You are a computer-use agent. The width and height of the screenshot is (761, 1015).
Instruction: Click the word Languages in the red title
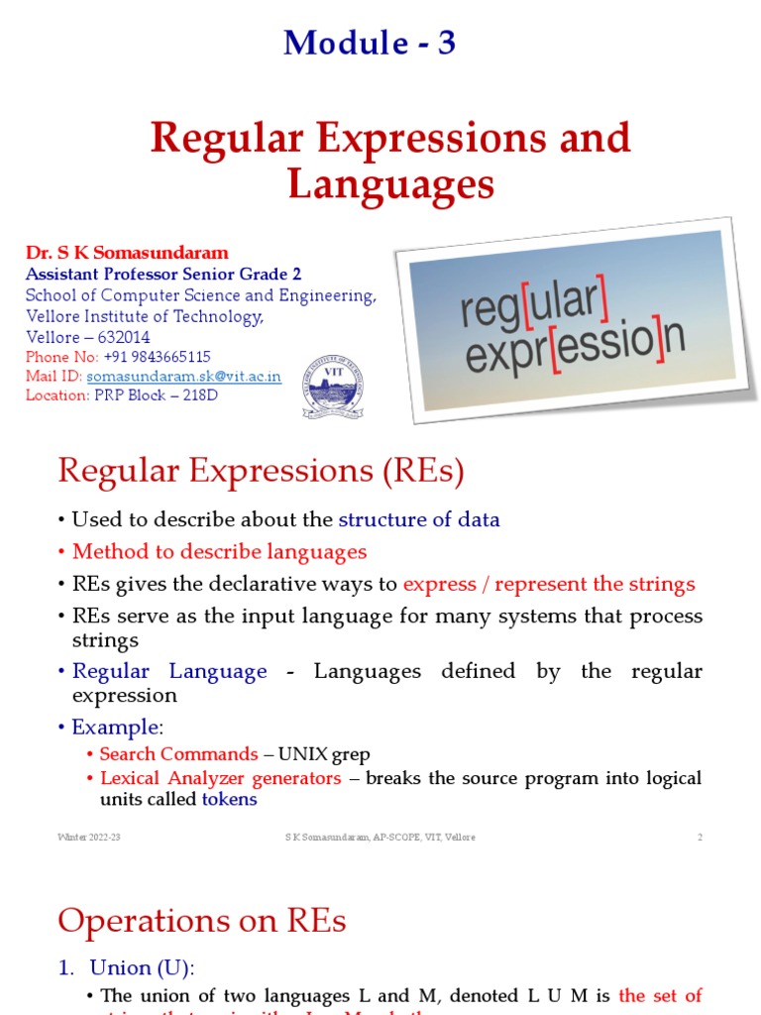[x=390, y=183]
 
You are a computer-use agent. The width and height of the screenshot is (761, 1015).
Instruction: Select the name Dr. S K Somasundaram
[x=127, y=253]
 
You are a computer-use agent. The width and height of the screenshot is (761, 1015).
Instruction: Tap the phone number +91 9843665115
[x=157, y=357]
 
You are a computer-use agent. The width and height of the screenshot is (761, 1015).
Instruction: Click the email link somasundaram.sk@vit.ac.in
[x=184, y=377]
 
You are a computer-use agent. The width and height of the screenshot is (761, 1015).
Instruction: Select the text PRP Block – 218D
[x=156, y=395]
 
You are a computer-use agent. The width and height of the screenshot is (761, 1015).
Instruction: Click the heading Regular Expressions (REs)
[x=261, y=471]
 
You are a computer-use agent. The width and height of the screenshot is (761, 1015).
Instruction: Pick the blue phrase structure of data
[x=419, y=519]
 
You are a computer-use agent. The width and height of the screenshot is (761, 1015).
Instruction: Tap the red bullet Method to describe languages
[x=219, y=552]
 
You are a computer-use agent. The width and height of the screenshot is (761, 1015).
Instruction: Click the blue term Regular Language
[x=169, y=671]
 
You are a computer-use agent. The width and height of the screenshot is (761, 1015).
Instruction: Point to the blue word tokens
[x=229, y=799]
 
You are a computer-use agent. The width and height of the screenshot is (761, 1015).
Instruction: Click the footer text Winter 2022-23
[x=89, y=838]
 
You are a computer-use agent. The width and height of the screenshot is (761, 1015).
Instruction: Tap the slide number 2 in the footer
[x=700, y=838]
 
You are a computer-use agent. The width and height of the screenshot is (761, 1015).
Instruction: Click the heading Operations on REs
[x=202, y=921]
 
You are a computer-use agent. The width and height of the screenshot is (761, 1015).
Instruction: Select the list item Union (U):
[x=135, y=967]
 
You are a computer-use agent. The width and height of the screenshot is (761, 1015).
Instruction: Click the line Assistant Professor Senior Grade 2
[x=163, y=274]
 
